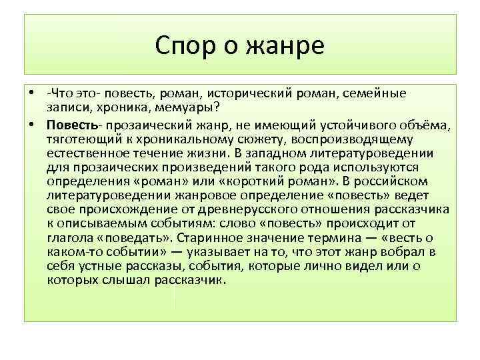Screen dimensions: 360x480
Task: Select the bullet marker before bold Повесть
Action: (32, 124)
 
